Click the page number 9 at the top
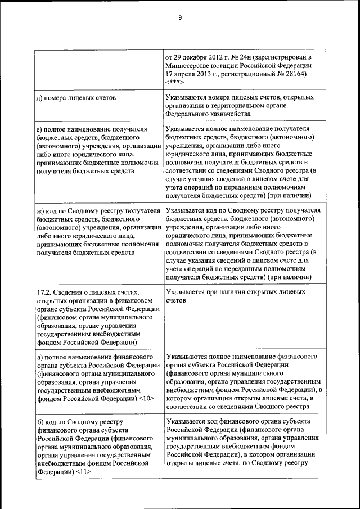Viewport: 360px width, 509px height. click(x=179, y=17)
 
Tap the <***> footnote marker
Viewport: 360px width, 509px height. click(x=175, y=82)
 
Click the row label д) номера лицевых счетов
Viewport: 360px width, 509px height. click(x=76, y=98)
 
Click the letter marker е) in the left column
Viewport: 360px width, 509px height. click(x=39, y=129)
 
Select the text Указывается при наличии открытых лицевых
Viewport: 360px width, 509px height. click(x=236, y=292)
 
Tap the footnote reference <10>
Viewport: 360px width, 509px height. click(x=145, y=398)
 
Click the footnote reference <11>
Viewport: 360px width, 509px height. click(x=83, y=471)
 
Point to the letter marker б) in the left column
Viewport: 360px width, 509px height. click(x=39, y=421)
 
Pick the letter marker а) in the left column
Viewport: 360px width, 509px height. click(x=39, y=357)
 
